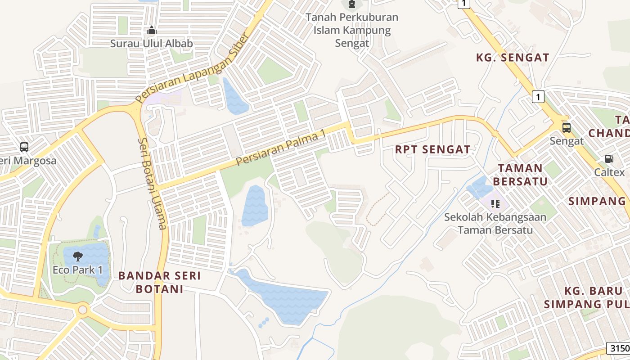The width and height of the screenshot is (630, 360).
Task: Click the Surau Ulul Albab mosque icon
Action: (152, 31)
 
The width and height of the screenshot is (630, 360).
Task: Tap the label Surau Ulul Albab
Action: (152, 44)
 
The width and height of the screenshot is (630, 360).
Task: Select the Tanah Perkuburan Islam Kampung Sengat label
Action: (352, 30)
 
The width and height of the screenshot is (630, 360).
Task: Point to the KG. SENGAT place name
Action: (513, 58)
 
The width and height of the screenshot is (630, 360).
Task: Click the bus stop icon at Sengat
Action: (566, 128)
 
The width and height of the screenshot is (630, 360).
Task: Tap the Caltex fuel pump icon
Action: (608, 159)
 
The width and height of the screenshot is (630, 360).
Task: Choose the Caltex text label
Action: (609, 172)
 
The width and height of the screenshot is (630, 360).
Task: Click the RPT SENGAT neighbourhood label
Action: (432, 149)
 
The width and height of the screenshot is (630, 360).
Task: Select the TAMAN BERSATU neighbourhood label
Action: (520, 175)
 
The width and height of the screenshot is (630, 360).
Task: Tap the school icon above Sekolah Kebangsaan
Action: (495, 204)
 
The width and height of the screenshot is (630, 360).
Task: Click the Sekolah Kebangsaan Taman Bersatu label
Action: (495, 223)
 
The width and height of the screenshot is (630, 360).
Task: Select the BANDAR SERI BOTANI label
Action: (159, 282)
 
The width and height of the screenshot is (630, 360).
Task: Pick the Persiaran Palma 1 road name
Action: (281, 149)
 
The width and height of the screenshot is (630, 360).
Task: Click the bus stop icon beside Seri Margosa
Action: (24, 147)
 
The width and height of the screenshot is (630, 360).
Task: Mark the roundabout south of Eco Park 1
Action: (82, 310)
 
